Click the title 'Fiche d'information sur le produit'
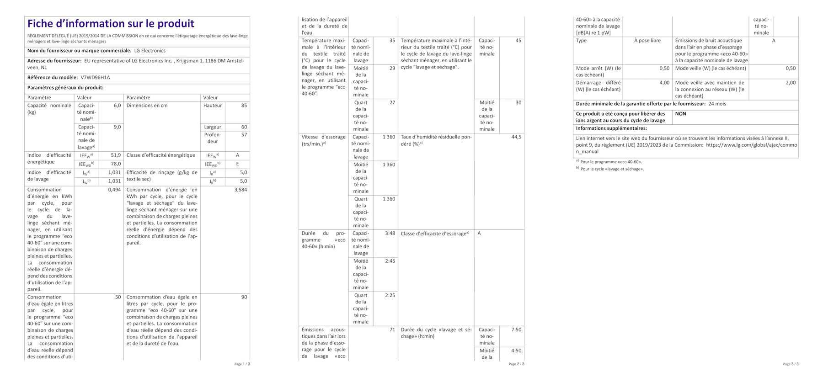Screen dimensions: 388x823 [x=111, y=24]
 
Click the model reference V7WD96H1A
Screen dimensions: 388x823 [x=95, y=78]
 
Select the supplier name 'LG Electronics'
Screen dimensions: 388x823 [x=150, y=51]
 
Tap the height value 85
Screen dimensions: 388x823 [x=244, y=106]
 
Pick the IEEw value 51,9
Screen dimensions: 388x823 [x=116, y=155]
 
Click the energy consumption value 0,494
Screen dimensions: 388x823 [x=114, y=190]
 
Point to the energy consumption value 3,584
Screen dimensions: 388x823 [x=240, y=190]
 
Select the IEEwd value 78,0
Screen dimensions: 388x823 [x=116, y=164]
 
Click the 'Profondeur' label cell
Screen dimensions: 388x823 [x=213, y=138]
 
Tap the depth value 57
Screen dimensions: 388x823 [x=244, y=135]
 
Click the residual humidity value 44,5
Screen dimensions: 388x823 [x=516, y=137]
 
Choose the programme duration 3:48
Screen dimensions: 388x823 [x=390, y=234]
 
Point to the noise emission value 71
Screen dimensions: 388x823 [x=392, y=330]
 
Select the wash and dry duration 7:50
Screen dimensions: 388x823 [x=516, y=330]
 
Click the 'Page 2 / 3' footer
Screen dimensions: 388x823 [x=516, y=364]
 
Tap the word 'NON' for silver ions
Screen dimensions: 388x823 [x=680, y=114]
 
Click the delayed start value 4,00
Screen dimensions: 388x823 [x=664, y=83]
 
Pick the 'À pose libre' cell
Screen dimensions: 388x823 [x=647, y=41]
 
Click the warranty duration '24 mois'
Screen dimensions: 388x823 [x=717, y=104]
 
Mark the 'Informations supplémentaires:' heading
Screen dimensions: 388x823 [x=611, y=128]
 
